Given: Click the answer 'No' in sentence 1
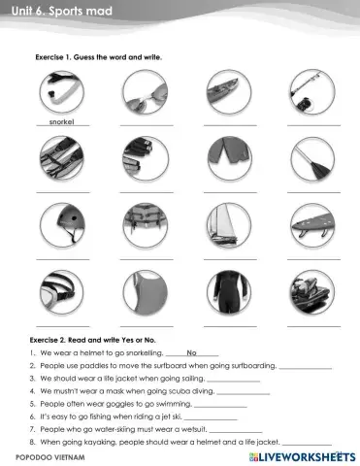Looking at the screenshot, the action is coord(191,352).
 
